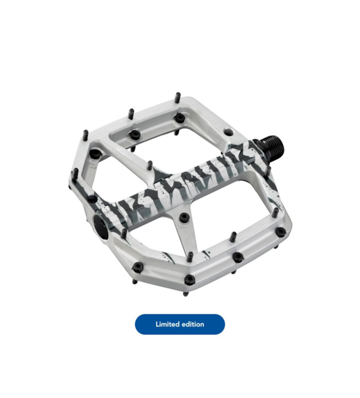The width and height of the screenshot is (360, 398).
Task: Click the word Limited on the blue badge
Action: [167, 324]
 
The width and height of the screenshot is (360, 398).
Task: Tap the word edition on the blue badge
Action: [192, 324]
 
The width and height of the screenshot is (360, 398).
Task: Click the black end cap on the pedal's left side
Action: [100, 228]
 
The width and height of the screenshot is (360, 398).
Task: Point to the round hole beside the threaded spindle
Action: [229, 132]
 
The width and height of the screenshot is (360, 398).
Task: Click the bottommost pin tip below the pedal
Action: [186, 294]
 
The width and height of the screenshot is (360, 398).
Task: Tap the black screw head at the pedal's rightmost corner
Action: [280, 231]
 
